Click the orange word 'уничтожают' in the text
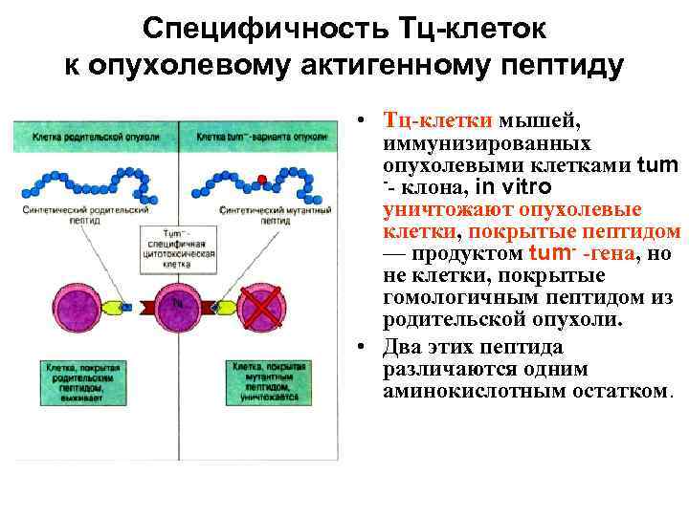click(432, 209)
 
